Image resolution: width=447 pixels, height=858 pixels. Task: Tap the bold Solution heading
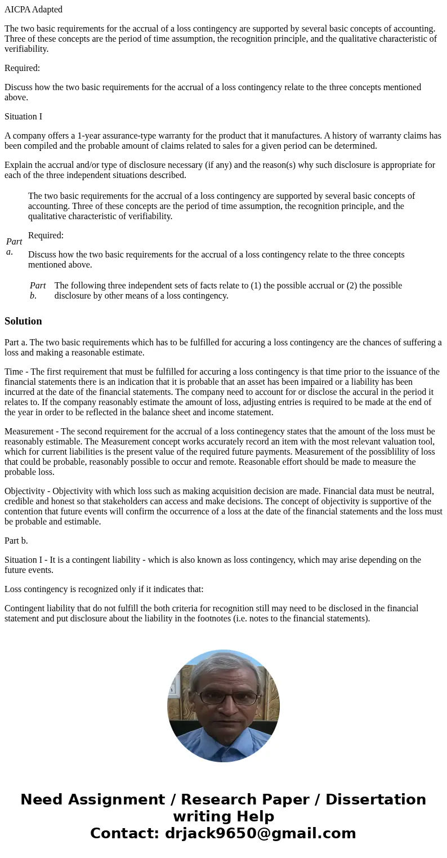point(23,321)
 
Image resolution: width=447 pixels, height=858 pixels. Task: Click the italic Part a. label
point(14,246)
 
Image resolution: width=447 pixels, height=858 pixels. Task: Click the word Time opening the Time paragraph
point(15,372)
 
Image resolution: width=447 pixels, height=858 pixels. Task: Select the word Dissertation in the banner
point(376,800)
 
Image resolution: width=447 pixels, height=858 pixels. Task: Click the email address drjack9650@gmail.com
point(260,834)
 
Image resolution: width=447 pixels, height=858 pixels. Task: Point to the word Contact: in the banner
point(124,834)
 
